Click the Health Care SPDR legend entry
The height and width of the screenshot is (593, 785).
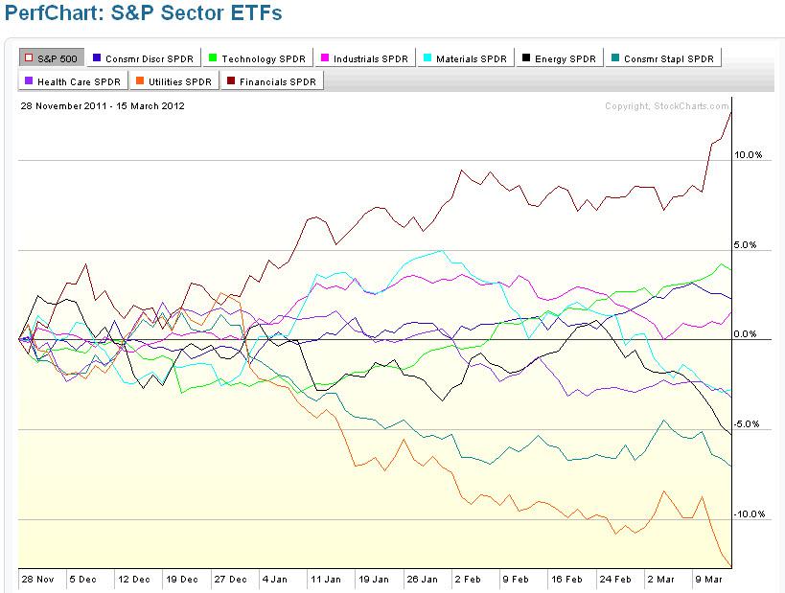(x=70, y=81)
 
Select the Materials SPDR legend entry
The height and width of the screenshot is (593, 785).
(x=464, y=58)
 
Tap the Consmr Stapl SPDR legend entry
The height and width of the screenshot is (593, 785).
(x=665, y=58)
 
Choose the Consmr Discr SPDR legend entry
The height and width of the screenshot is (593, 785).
(x=143, y=58)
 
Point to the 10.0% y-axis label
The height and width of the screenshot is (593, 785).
(x=748, y=155)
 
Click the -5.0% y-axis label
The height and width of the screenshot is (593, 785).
(x=748, y=424)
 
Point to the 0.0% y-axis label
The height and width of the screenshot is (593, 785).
(x=748, y=334)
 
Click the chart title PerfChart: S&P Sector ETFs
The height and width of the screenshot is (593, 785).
(x=144, y=16)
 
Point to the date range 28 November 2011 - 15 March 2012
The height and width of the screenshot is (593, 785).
(x=103, y=105)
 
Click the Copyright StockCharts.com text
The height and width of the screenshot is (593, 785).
(x=666, y=105)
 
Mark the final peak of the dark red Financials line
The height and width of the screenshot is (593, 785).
(x=731, y=111)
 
